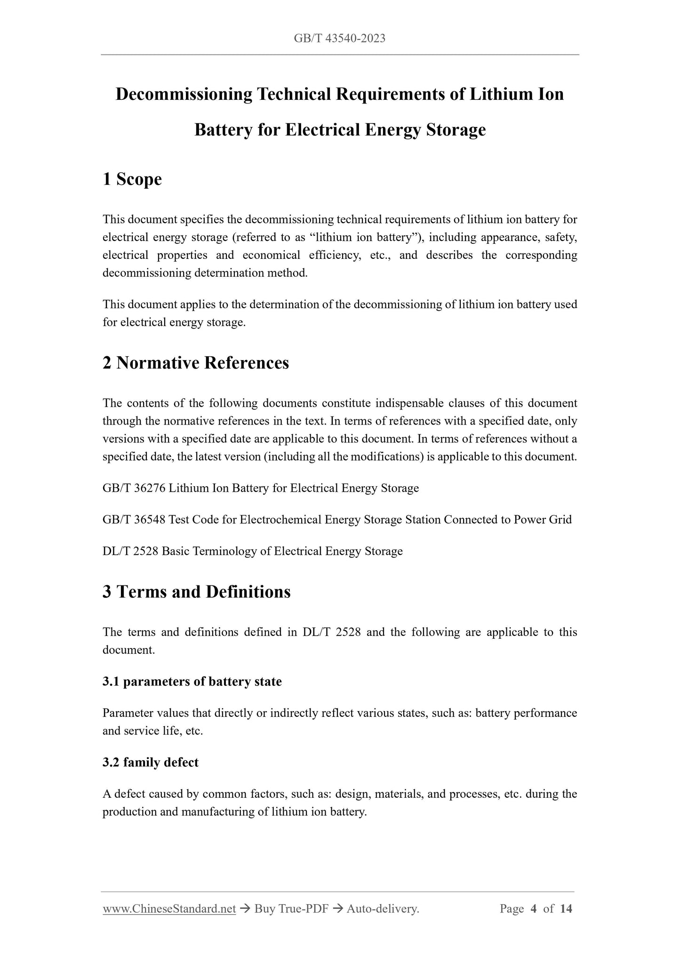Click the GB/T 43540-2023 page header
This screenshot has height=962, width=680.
click(339, 39)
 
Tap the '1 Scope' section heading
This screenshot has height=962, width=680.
click(132, 179)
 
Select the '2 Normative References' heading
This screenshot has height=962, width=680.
click(196, 363)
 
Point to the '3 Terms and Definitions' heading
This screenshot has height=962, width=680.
click(197, 592)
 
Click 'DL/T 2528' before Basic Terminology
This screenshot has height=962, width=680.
click(130, 551)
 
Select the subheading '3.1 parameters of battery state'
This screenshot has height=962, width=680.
click(192, 681)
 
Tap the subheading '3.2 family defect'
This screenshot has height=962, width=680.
click(151, 762)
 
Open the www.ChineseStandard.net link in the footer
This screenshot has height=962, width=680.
click(169, 909)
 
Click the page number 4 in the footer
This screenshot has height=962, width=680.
click(534, 909)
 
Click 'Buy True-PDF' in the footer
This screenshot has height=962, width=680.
click(291, 909)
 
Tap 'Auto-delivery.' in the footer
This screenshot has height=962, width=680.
click(383, 909)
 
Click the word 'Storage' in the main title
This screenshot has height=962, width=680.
click(456, 130)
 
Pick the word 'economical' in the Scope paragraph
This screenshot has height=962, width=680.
click(272, 255)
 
